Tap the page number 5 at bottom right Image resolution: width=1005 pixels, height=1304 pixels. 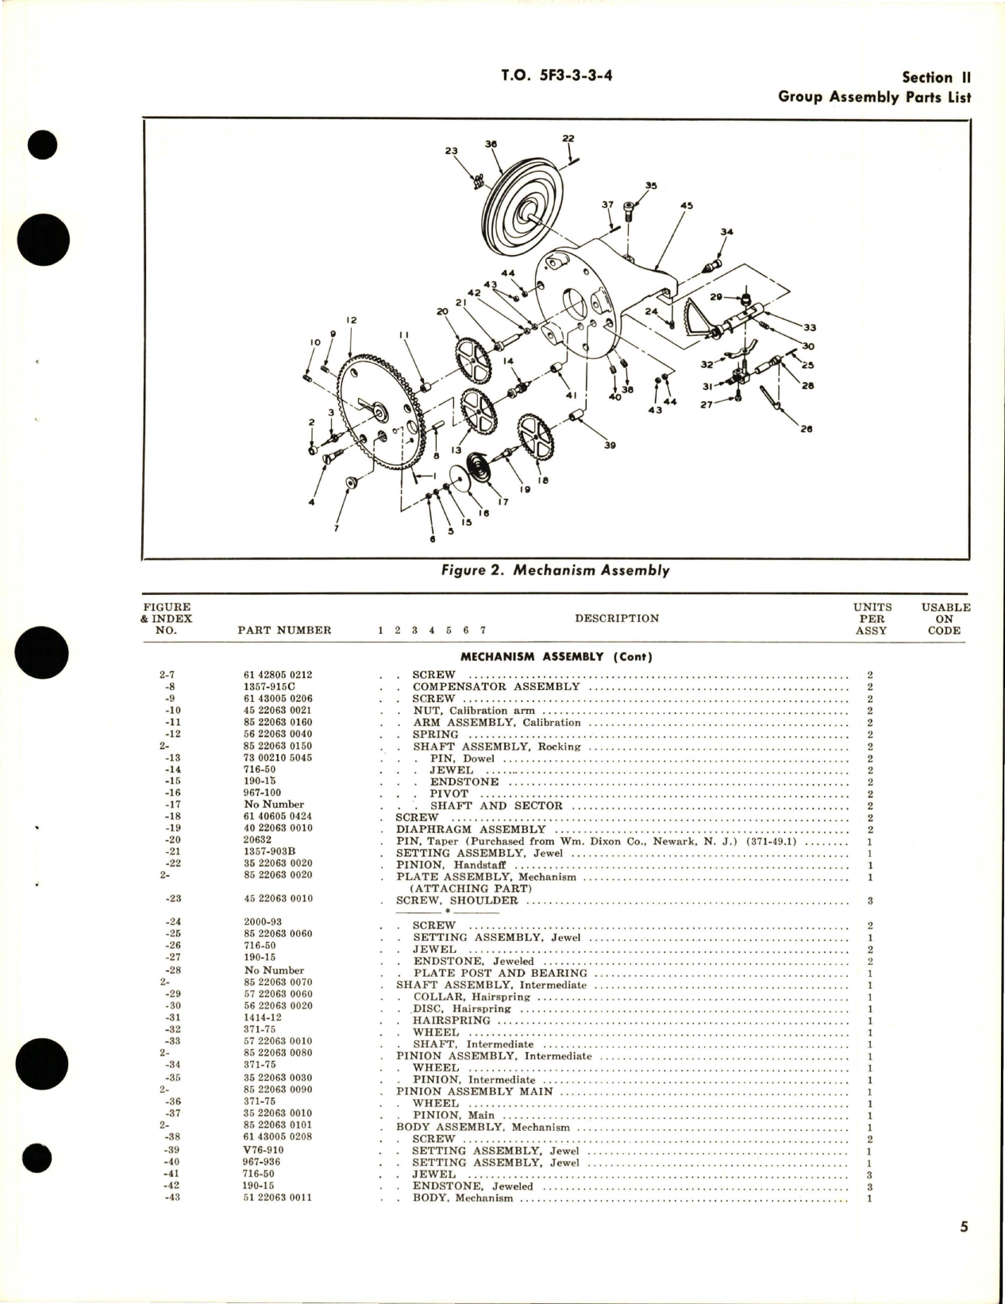pyautogui.click(x=964, y=1249)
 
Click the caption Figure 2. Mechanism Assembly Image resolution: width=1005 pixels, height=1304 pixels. pyautogui.click(x=556, y=570)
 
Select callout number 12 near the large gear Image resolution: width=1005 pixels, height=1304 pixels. pyautogui.click(x=351, y=320)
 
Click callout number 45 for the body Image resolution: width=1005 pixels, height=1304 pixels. pyautogui.click(x=686, y=206)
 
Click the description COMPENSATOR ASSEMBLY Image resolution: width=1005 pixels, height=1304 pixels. pyautogui.click(x=496, y=687)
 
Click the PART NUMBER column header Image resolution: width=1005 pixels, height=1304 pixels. pyautogui.click(x=284, y=631)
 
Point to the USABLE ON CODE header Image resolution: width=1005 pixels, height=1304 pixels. pyautogui.click(x=945, y=619)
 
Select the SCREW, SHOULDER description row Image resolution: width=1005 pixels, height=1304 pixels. pyautogui.click(x=461, y=901)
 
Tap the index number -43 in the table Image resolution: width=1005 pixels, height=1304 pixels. pyautogui.click(x=168, y=1198)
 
